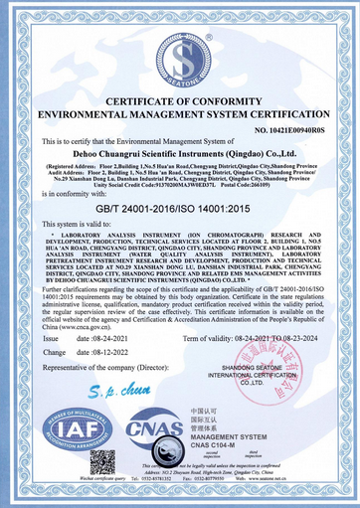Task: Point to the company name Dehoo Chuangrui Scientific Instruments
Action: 180,155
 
